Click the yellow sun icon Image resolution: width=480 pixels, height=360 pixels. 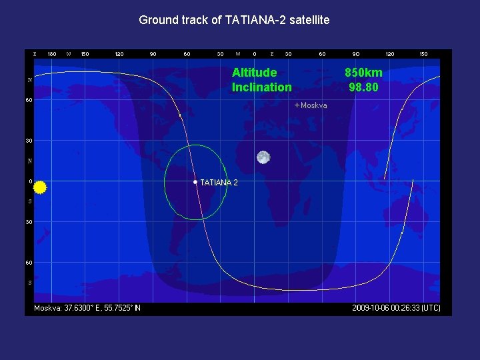click(x=39, y=187)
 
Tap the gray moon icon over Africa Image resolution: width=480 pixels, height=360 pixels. click(x=263, y=157)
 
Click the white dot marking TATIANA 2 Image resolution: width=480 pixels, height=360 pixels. click(x=195, y=182)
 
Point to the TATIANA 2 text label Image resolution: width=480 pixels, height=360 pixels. click(x=219, y=183)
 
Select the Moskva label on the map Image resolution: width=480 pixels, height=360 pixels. click(x=314, y=105)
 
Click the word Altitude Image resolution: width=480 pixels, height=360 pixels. click(x=254, y=73)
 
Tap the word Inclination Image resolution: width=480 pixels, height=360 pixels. click(x=261, y=87)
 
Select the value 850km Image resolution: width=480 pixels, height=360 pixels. click(x=363, y=73)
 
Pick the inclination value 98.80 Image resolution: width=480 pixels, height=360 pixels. click(x=363, y=87)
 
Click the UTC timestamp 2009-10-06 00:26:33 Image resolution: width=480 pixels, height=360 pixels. click(x=396, y=308)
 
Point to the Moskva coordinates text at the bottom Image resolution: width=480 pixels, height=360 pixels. click(x=87, y=308)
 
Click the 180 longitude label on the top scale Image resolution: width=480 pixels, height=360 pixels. click(x=52, y=54)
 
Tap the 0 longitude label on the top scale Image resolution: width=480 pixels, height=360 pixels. click(x=255, y=54)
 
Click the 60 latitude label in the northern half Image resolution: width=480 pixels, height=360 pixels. click(x=29, y=101)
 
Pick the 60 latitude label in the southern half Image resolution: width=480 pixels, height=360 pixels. click(x=29, y=263)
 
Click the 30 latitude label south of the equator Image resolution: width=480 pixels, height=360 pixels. click(x=29, y=222)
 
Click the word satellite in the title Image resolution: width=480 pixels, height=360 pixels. click(x=307, y=20)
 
